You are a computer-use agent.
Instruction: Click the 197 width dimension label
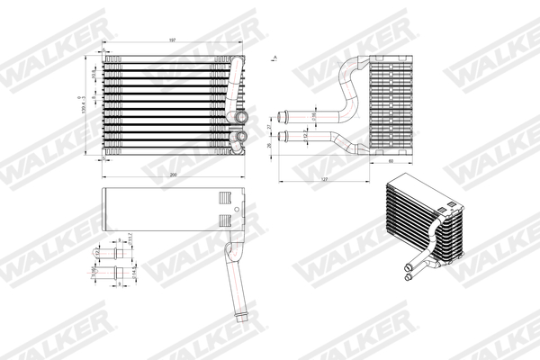coord(171,40)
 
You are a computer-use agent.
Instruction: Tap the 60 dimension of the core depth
coord(391,164)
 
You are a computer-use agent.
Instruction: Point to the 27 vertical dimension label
coord(270,127)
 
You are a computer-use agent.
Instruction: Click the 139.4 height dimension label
coord(83,109)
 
